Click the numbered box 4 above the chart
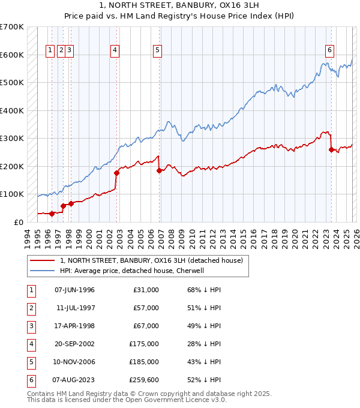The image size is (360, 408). click(x=114, y=51)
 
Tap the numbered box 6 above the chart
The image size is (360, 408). click(x=330, y=51)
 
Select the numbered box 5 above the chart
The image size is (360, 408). click(x=157, y=51)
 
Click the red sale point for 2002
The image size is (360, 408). click(x=117, y=173)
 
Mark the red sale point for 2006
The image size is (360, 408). click(x=160, y=170)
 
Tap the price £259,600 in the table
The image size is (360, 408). click(x=144, y=380)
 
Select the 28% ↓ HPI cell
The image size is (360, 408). click(x=204, y=344)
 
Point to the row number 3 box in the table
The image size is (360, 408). click(x=29, y=326)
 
